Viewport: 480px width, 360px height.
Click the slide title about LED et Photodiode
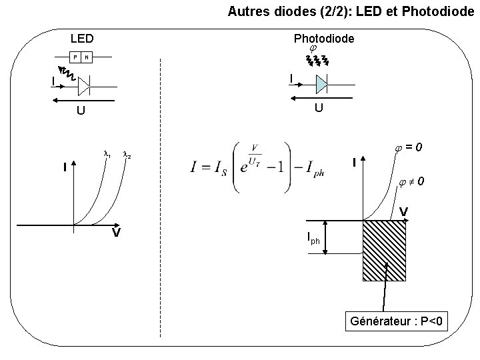pyautogui.click(x=353, y=11)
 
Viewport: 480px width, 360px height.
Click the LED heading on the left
pyautogui.click(x=83, y=39)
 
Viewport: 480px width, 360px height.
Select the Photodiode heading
pyautogui.click(x=325, y=39)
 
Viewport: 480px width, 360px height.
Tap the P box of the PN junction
pyautogui.click(x=76, y=57)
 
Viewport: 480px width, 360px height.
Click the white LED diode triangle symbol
pyautogui.click(x=84, y=86)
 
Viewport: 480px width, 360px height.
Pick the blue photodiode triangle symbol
pyautogui.click(x=321, y=84)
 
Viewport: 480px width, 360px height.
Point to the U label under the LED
pyautogui.click(x=81, y=111)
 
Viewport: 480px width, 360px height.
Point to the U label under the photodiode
pyautogui.click(x=319, y=108)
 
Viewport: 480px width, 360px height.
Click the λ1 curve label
pyautogui.click(x=106, y=155)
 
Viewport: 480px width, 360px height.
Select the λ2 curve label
pyautogui.click(x=126, y=155)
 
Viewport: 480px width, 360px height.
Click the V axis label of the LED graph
pyautogui.click(x=115, y=233)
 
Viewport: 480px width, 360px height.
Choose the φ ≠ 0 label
pyautogui.click(x=411, y=181)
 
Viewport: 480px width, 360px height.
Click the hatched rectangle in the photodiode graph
pyautogui.click(x=383, y=250)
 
